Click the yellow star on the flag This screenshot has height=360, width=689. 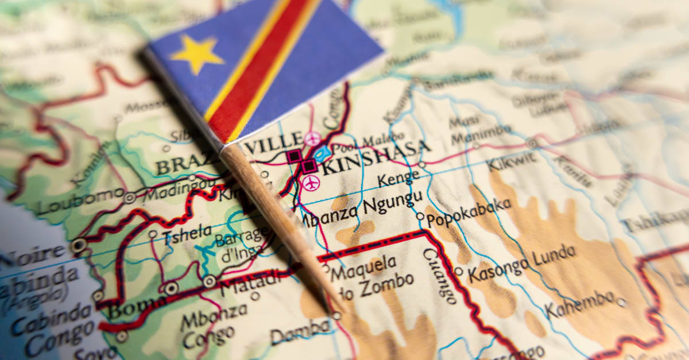point(196,53)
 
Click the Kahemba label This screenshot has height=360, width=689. point(580,303)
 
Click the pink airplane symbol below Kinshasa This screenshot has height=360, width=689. point(311,184)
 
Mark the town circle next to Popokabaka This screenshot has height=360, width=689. point(420,216)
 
